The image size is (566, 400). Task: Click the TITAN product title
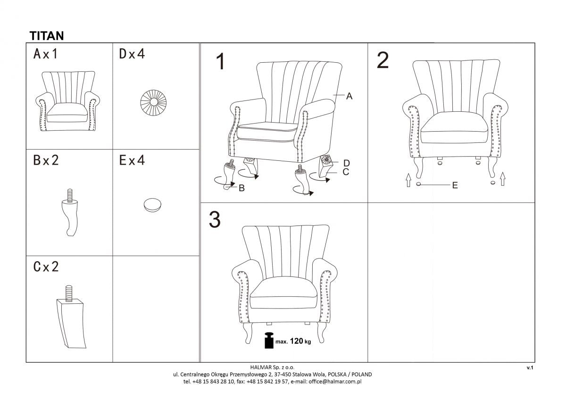[47, 35]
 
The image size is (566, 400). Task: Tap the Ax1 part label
[46, 54]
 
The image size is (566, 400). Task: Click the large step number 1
[220, 62]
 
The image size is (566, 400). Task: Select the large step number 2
[383, 60]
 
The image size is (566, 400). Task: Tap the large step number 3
[215, 220]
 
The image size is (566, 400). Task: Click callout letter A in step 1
[350, 96]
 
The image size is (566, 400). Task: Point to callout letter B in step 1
[241, 188]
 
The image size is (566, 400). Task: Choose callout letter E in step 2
[455, 185]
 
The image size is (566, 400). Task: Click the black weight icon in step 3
[269, 341]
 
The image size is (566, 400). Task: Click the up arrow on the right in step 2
[503, 179]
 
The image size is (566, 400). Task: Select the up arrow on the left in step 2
[408, 180]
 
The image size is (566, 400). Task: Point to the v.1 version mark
[530, 367]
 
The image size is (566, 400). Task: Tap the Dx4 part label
[132, 54]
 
